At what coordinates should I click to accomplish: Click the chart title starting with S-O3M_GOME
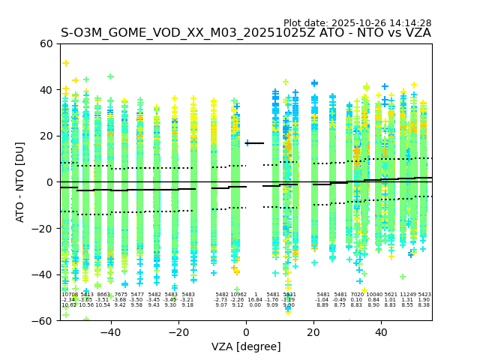point(245,33)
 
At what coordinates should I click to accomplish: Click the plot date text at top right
point(357,23)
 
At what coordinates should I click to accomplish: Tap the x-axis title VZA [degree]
point(245,346)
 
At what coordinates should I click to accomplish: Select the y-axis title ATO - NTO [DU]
point(20,181)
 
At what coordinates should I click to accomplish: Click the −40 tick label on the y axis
point(45,274)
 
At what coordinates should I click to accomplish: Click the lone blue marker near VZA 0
point(248,142)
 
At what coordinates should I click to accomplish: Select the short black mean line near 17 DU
point(255,143)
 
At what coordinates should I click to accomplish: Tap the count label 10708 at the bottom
point(69,295)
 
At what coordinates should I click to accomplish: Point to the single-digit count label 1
point(255,295)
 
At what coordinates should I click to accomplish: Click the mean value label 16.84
point(255,300)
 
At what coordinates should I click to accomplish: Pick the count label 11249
point(407,295)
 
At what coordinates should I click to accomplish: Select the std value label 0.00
point(255,305)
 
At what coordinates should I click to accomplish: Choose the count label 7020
point(356,295)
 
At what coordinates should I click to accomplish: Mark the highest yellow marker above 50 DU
point(66,63)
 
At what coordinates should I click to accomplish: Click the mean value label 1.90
point(424,300)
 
